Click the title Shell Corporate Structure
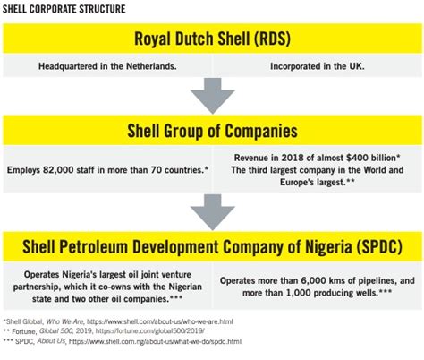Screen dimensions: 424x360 click(x=64, y=9)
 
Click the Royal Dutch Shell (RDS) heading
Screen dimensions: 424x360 click(x=212, y=39)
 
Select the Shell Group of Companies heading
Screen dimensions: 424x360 click(x=212, y=131)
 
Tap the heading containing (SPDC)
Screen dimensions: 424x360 click(x=212, y=246)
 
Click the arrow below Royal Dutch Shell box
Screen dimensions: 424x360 click(x=213, y=95)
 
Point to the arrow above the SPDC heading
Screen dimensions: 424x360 click(x=213, y=211)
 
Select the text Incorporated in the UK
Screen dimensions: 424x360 click(x=318, y=66)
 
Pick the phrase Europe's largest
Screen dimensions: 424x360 click(x=312, y=182)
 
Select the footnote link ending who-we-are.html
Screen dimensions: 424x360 click(x=159, y=321)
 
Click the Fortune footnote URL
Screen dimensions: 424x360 click(x=149, y=331)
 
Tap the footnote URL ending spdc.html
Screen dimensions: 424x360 click(x=155, y=341)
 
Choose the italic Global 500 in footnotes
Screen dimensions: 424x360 click(x=56, y=331)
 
